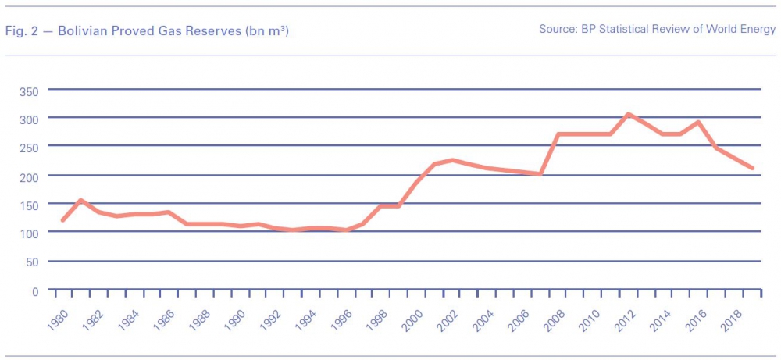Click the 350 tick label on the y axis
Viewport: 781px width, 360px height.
[29, 91]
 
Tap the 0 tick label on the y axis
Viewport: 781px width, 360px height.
[35, 291]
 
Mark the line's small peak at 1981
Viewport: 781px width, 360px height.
[80, 200]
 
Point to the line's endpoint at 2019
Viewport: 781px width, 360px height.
[752, 168]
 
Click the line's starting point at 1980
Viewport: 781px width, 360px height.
[62, 220]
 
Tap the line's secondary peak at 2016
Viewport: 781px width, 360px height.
[698, 122]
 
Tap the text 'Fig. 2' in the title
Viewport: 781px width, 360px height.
[20, 30]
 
